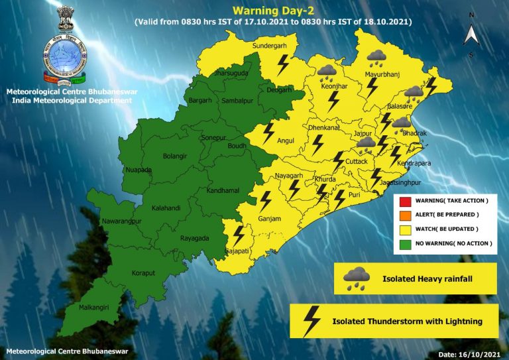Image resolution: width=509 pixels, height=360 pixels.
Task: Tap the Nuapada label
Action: pos(138,170)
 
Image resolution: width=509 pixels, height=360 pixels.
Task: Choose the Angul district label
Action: pos(286,141)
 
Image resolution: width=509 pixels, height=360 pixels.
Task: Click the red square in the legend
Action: pos(404,200)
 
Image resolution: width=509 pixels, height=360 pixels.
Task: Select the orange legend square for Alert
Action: pos(404,215)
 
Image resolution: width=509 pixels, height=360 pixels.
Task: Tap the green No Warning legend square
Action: pos(404,244)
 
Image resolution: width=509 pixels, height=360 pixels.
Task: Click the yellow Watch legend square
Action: pos(404,229)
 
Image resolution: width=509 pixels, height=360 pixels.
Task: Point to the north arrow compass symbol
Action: pos(471,33)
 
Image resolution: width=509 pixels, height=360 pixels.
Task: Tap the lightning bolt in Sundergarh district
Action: pos(282,65)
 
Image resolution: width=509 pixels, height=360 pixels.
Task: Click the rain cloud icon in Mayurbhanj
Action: pos(377,58)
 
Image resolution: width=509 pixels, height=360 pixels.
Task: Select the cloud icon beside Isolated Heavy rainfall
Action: pos(357,278)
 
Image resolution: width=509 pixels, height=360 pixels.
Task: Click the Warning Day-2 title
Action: pos(273,11)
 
